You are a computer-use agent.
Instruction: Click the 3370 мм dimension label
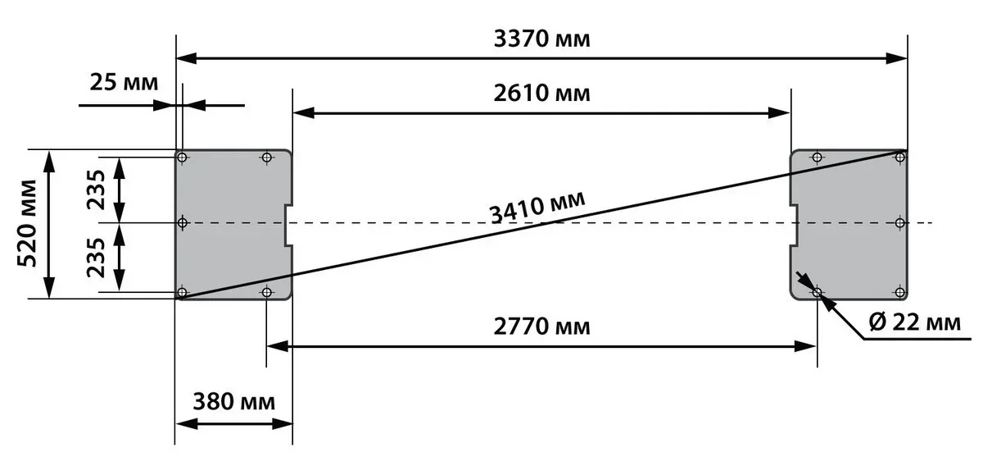(x=542, y=39)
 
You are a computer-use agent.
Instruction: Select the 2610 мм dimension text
(x=542, y=94)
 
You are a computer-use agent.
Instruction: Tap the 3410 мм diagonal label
(x=537, y=208)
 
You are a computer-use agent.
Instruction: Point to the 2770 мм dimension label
(x=542, y=327)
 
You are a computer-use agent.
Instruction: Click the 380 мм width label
(x=234, y=401)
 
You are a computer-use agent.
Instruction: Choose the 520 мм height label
(x=27, y=223)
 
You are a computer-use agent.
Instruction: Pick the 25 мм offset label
(x=124, y=82)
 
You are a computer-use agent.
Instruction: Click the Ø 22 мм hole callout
(x=914, y=322)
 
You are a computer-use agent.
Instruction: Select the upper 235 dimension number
(x=96, y=190)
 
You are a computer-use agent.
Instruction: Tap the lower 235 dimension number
(x=96, y=258)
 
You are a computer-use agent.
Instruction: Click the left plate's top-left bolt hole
(x=182, y=157)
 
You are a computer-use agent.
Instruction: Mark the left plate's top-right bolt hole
(x=266, y=157)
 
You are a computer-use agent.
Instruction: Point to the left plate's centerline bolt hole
(x=182, y=223)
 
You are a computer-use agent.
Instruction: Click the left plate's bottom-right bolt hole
(x=266, y=292)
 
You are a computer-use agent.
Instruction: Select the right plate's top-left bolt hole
(x=818, y=157)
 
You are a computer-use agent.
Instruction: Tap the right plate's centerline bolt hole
(x=900, y=223)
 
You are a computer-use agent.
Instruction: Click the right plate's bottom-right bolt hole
(x=900, y=292)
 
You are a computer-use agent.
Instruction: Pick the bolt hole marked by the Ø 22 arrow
(x=818, y=292)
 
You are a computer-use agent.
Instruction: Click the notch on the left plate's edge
(x=288, y=225)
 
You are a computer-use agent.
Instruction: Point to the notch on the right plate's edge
(x=794, y=225)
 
